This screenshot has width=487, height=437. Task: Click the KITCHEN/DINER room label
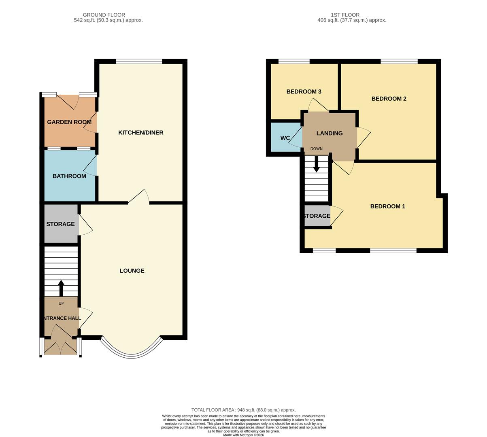pyautogui.click(x=140, y=133)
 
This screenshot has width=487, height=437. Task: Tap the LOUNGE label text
pyautogui.click(x=132, y=271)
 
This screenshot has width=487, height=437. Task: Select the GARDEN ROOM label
pyautogui.click(x=69, y=122)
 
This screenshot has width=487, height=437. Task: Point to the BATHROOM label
pyautogui.click(x=69, y=176)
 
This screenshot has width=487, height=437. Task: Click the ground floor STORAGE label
pyautogui.click(x=60, y=224)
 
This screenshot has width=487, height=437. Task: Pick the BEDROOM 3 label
pyautogui.click(x=304, y=92)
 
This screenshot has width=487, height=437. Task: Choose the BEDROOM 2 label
pyautogui.click(x=389, y=99)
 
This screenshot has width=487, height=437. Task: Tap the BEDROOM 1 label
pyautogui.click(x=387, y=206)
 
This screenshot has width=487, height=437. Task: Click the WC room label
pyautogui.click(x=285, y=138)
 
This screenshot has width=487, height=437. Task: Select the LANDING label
pyautogui.click(x=329, y=133)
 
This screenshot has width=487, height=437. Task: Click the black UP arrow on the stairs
pyautogui.click(x=61, y=288)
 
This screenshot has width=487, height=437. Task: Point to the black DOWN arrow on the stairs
pyautogui.click(x=317, y=164)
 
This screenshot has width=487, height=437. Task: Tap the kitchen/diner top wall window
pyautogui.click(x=139, y=62)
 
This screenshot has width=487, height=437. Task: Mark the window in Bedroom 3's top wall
pyautogui.click(x=294, y=62)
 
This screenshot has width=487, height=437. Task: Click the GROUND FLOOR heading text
pyautogui.click(x=104, y=15)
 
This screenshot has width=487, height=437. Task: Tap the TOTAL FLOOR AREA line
pyautogui.click(x=243, y=410)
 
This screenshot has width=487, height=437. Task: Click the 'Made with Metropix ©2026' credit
pyautogui.click(x=243, y=435)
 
